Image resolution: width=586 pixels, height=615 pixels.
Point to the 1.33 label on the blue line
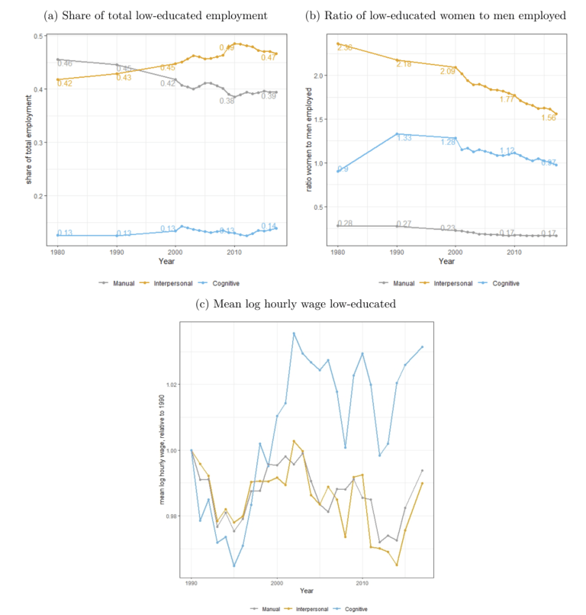(x=404, y=138)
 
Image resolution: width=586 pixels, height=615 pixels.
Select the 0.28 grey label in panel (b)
(x=346, y=223)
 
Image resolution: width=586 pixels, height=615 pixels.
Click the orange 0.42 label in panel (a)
(x=64, y=83)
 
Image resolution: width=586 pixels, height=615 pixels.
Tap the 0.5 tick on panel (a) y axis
(x=39, y=36)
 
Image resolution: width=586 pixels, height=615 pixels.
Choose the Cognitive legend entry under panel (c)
(x=350, y=608)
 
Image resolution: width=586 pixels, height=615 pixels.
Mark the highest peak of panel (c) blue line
(x=293, y=333)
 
